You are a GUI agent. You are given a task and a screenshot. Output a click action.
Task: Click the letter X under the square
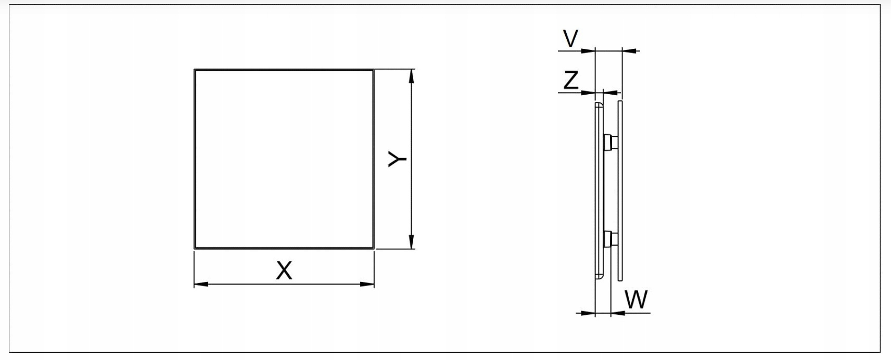coord(284,271)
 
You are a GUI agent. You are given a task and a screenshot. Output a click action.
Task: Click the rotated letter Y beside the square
coord(398,159)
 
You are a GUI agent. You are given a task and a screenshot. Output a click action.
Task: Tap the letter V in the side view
coord(571,38)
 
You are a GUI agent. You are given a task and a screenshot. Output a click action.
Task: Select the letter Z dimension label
coord(571,81)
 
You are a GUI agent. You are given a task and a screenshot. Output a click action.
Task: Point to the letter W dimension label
coord(636,300)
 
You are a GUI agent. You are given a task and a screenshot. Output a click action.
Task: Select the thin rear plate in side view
coord(620,190)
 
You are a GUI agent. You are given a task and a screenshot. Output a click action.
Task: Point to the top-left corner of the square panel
coord(195,70)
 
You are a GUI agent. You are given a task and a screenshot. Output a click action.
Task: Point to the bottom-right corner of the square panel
coord(373,248)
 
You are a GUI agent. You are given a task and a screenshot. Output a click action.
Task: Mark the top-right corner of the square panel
coord(373,70)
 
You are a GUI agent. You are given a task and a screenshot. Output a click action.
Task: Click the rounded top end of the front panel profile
coord(599,105)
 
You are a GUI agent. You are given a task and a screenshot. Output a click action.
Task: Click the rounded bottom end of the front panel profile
coord(599,277)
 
